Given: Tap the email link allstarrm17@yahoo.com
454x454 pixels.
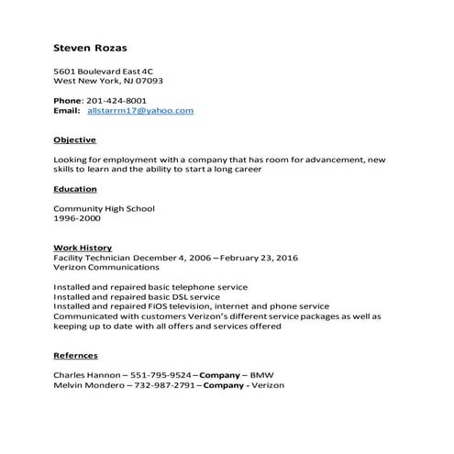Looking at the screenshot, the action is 140,110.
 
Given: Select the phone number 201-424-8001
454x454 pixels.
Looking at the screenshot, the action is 116,100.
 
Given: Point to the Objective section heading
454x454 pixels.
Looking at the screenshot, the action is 74,140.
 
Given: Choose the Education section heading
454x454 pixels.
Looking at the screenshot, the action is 75,189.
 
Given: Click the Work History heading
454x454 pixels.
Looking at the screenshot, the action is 83,248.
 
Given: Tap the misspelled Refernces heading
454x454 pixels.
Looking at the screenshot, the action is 75,355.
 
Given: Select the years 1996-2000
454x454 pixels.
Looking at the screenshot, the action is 76,218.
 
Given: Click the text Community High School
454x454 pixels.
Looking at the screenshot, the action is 104,208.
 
